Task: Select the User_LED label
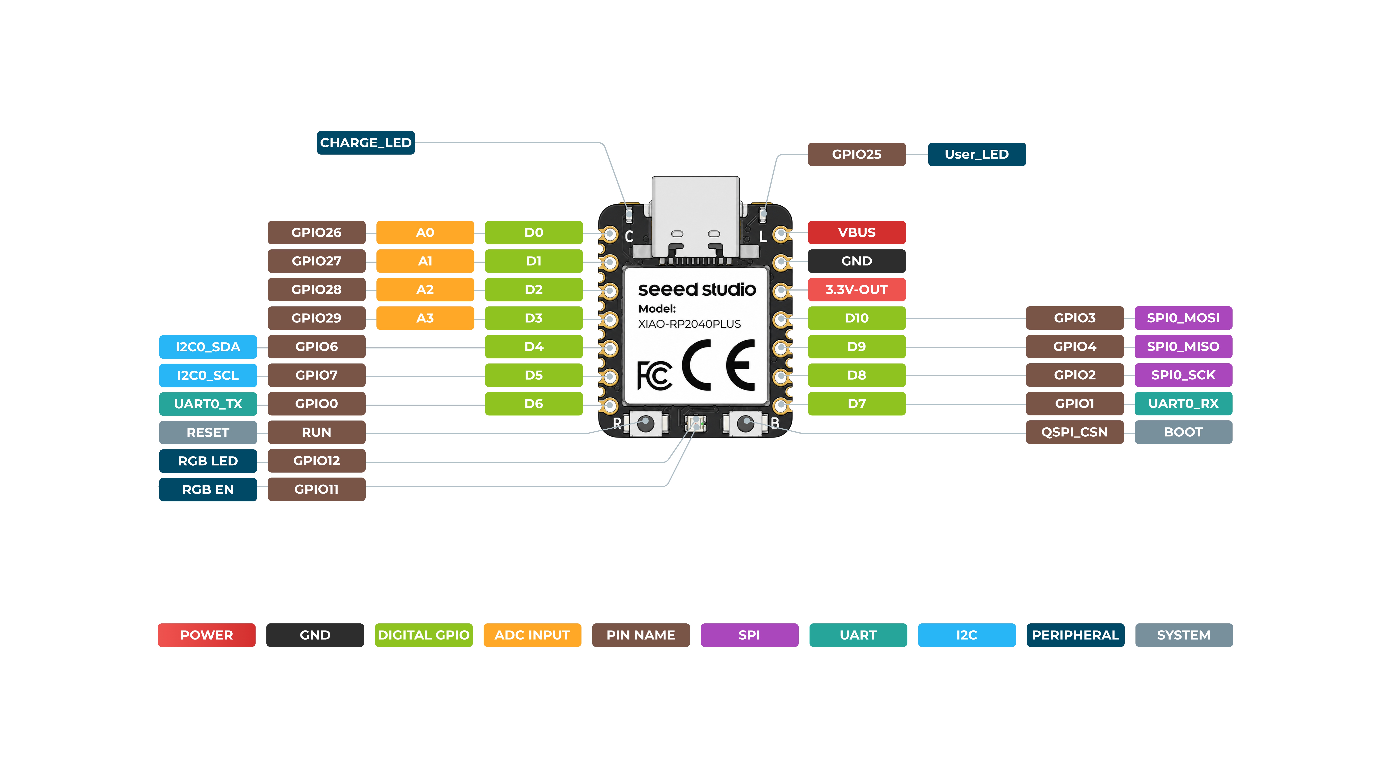point(977,154)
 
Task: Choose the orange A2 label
point(425,290)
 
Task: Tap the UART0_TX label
point(208,404)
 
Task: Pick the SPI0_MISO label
point(1183,346)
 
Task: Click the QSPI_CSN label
point(1074,432)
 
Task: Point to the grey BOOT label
point(1183,432)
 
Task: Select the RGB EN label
point(208,489)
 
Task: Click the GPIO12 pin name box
point(317,461)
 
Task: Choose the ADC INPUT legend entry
point(532,635)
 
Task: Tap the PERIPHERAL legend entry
point(1075,635)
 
